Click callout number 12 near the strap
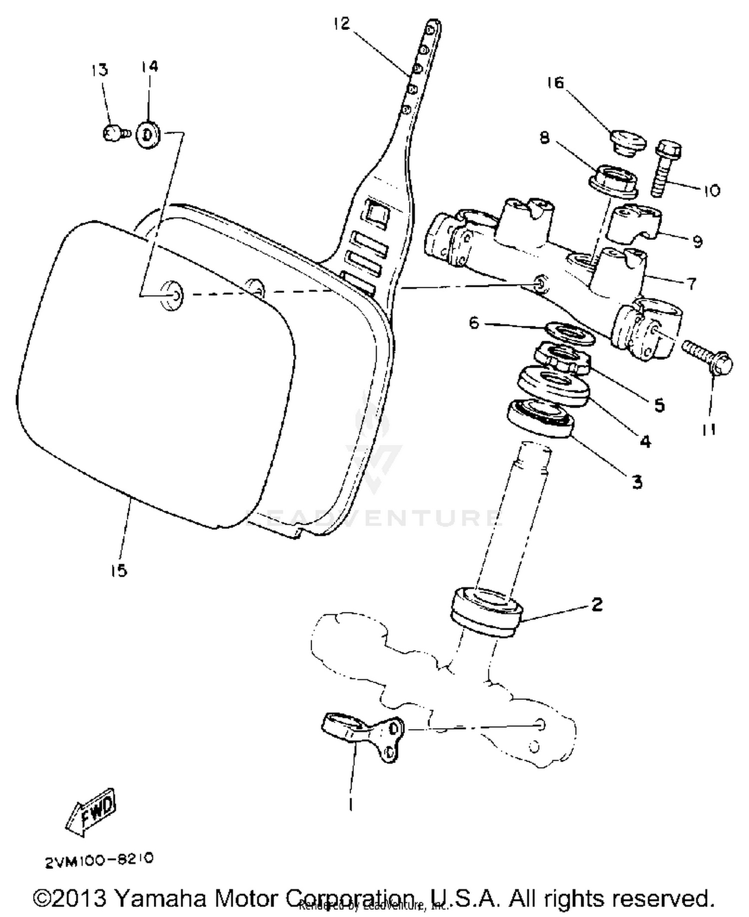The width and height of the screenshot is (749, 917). tap(342, 23)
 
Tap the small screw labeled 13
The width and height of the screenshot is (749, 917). tap(113, 134)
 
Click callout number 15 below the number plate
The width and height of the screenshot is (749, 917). tap(119, 570)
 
